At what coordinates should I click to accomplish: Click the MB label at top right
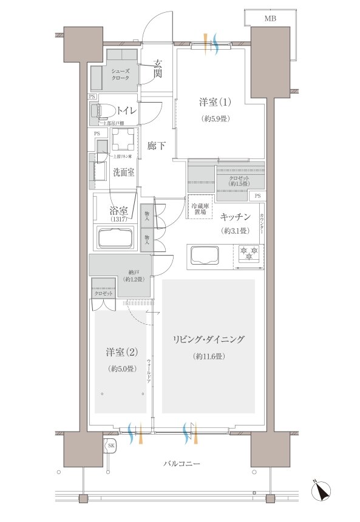click(270, 19)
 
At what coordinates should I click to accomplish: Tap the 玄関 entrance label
click(157, 69)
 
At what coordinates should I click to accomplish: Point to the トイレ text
click(126, 110)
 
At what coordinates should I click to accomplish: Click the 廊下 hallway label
click(157, 146)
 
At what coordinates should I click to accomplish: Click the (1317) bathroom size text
click(118, 222)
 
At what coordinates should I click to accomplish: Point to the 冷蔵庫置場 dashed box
click(200, 209)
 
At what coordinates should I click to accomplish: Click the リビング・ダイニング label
click(208, 340)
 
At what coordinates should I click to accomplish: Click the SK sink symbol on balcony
click(110, 446)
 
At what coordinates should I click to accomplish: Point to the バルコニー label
click(182, 464)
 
